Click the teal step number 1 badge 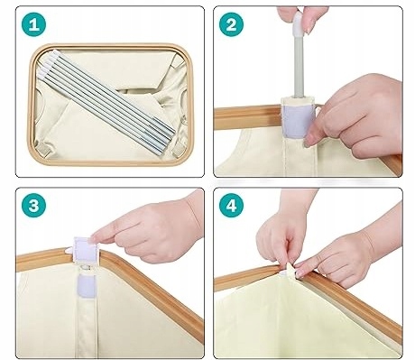click(34, 24)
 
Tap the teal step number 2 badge click(231, 24)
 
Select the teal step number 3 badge click(34, 206)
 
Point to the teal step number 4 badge click(231, 206)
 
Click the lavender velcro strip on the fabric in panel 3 click(86, 286)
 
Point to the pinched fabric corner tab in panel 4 click(290, 270)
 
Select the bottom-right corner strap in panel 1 click(179, 149)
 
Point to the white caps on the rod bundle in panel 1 click(47, 62)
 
